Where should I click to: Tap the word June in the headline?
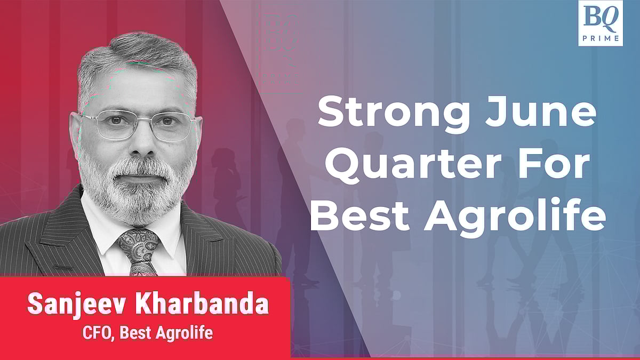pyautogui.click(x=541, y=111)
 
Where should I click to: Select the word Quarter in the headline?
pyautogui.click(x=413, y=166)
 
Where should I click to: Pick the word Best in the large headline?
pyautogui.click(x=359, y=215)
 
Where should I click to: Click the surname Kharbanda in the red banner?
pyautogui.click(x=202, y=303)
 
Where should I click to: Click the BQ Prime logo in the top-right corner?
pyautogui.click(x=601, y=23)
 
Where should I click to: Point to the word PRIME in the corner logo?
pyautogui.click(x=601, y=38)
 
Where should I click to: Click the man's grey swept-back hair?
pyautogui.click(x=137, y=57)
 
